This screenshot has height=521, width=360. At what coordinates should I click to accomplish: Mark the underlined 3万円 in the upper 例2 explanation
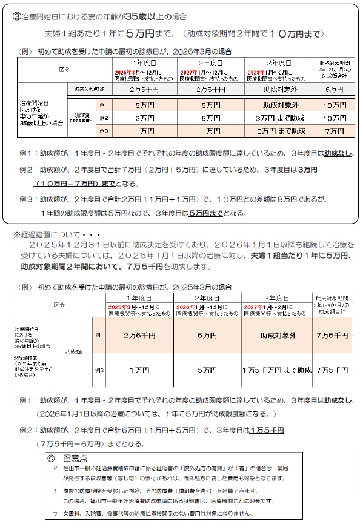(x=305, y=170)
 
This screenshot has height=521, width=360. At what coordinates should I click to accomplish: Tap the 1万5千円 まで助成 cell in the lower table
(x=277, y=369)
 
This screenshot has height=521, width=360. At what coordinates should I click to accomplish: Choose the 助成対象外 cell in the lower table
(x=277, y=335)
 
